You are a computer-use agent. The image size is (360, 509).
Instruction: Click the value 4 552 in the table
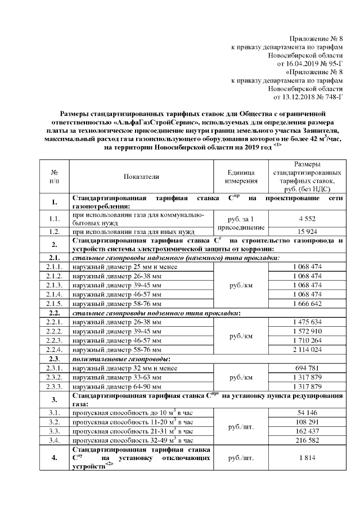tap(307, 219)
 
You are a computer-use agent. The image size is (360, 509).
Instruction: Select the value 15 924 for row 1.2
tap(307, 231)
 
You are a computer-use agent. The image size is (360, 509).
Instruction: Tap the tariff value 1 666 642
tap(307, 303)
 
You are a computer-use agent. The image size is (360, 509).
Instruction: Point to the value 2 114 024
tap(307, 349)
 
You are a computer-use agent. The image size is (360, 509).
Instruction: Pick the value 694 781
tap(307, 367)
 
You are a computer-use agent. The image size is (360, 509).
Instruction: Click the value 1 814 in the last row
tap(307, 458)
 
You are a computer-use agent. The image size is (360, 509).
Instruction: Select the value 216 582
tap(307, 439)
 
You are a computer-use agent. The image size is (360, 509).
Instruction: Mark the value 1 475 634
tap(307, 322)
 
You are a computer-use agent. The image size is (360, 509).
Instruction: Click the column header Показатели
tap(141, 177)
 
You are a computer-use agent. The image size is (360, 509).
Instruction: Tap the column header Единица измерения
tap(241, 177)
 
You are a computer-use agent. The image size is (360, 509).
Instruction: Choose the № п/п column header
tap(54, 177)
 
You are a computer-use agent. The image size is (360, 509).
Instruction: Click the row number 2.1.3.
tap(54, 285)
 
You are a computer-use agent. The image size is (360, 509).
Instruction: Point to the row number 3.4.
tap(54, 439)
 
